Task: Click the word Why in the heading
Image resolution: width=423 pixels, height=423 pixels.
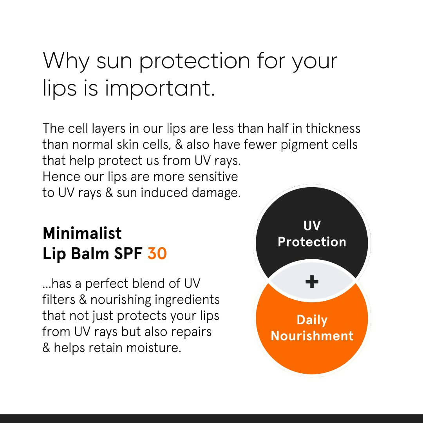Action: [67, 61]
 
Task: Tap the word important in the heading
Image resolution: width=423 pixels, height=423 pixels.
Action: [160, 89]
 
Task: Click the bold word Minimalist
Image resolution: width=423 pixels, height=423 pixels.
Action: [82, 233]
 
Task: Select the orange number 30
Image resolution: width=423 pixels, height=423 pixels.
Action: [157, 254]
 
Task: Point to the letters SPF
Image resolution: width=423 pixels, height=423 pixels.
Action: [128, 254]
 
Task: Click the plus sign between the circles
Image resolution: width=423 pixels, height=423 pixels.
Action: [312, 282]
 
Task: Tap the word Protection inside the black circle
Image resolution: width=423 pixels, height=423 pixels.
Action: [312, 242]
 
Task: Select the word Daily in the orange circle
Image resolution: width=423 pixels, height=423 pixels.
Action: [312, 320]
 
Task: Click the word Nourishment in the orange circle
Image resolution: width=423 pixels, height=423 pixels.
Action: [312, 336]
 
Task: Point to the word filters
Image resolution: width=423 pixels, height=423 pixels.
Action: [58, 300]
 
